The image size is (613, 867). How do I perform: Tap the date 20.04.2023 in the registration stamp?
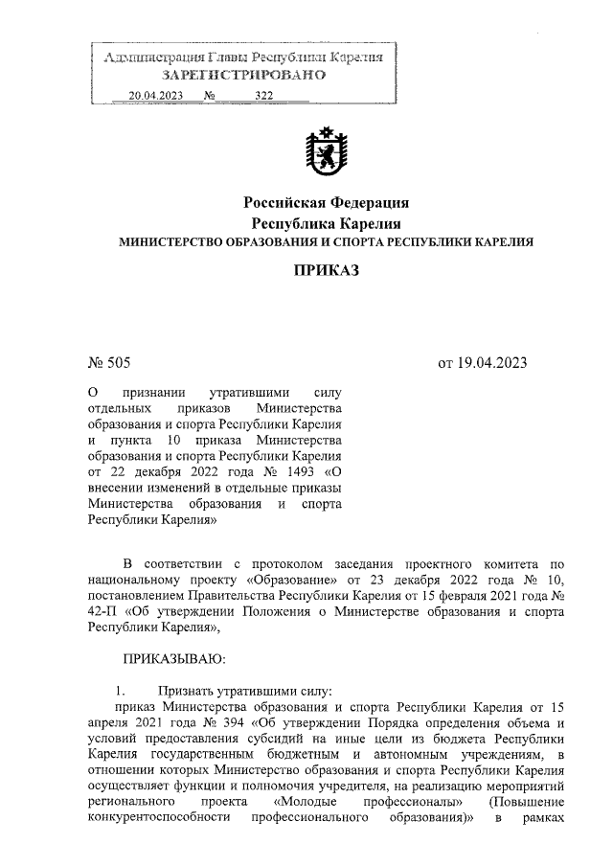[x=154, y=96]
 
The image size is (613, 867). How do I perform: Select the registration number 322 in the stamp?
[x=264, y=96]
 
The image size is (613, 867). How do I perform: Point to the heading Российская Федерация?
[x=326, y=203]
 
